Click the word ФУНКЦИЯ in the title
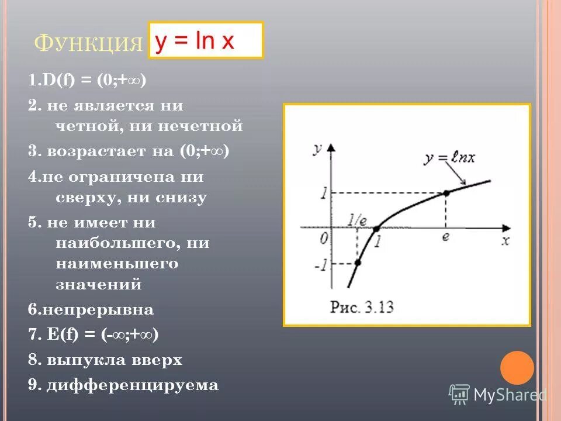tap(89, 43)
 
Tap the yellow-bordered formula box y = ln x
tap(206, 40)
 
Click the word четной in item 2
tap(79, 126)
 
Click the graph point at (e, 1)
tap(446, 192)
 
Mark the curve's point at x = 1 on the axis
tap(376, 229)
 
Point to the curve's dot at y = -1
tap(357, 263)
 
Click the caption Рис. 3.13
tap(362, 306)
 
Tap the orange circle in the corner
tap(517, 368)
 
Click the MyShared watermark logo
tap(497, 394)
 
